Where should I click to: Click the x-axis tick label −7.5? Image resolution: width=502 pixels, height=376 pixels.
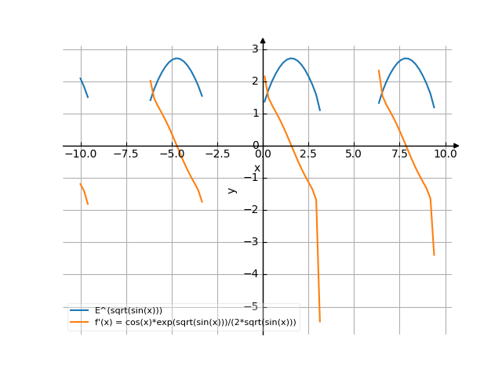coord(125,154)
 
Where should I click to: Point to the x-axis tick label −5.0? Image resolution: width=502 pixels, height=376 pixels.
coord(171,154)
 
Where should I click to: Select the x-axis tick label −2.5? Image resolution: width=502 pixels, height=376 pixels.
coord(216,154)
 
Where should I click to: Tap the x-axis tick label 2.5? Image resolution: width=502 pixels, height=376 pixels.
coord(307,154)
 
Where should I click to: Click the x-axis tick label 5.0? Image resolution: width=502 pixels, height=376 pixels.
coord(354,154)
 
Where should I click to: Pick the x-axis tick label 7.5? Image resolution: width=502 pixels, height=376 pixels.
coord(399,154)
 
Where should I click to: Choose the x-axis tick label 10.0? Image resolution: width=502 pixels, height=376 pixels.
coord(446,154)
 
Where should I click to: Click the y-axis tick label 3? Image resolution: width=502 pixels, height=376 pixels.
coord(255,49)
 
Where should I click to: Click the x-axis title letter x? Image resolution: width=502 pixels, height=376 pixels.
coord(256,168)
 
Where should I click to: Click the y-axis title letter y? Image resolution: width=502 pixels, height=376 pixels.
coord(231,190)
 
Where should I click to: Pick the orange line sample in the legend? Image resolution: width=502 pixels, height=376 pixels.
coord(79,323)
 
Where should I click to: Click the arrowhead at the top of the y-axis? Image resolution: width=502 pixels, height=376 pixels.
coord(263,40)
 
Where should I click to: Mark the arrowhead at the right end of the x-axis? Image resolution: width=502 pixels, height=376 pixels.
coord(456,146)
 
